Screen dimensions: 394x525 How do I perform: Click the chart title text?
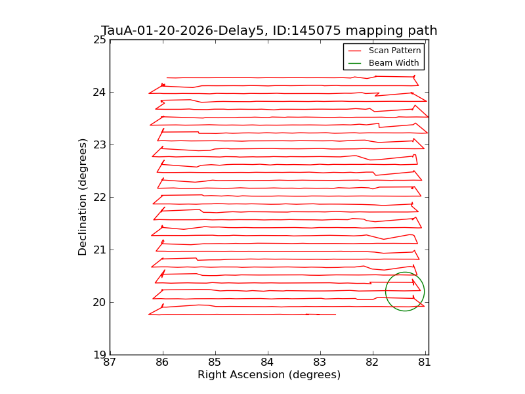[269, 31]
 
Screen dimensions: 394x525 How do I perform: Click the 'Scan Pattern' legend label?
[394, 51]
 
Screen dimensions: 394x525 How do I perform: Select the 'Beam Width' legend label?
[394, 63]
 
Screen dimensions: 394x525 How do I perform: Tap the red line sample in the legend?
[354, 51]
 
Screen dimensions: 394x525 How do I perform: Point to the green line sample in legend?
[354, 63]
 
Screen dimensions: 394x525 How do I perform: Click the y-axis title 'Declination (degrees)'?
[83, 197]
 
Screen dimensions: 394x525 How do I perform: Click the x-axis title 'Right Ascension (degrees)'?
[269, 375]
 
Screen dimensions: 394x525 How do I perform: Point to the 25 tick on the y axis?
[100, 39]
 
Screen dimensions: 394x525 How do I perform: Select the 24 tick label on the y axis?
[100, 92]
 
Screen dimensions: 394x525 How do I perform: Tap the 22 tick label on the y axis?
[100, 197]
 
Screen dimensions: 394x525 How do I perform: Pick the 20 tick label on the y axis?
[100, 302]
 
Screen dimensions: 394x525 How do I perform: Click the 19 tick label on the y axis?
[100, 355]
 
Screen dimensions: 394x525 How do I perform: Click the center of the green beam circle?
[405, 292]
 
